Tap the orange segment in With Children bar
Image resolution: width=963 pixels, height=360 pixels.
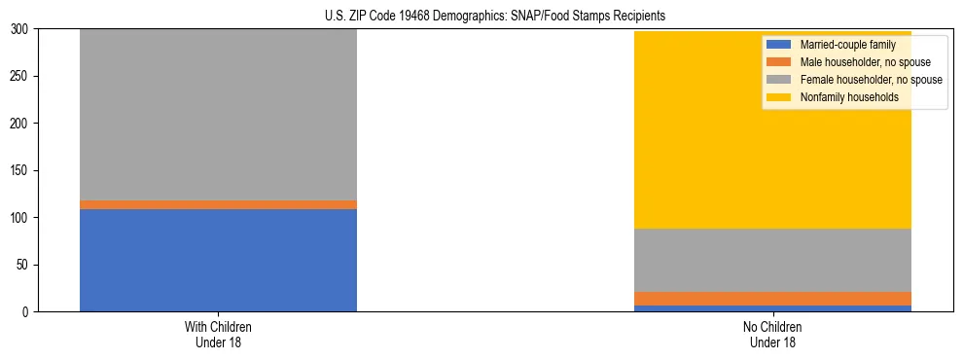click(x=218, y=204)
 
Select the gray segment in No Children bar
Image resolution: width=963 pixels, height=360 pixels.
click(x=772, y=260)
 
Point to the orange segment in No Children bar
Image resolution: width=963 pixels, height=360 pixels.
click(x=772, y=299)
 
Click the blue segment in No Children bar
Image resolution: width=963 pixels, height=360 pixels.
click(x=772, y=308)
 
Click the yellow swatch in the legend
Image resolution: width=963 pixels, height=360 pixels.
click(x=779, y=97)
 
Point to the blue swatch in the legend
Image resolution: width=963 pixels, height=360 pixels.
click(x=779, y=45)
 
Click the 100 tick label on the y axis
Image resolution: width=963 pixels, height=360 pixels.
click(x=21, y=218)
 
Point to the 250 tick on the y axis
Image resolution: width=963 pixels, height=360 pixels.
click(x=21, y=77)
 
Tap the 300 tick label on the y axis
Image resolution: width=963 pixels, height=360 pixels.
click(x=21, y=29)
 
